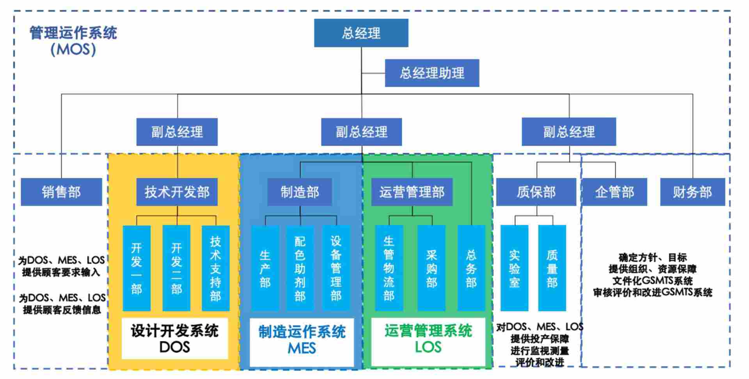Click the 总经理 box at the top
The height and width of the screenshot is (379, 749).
coord(361,33)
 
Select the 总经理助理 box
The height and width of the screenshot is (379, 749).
coord(432,73)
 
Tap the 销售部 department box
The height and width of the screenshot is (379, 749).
coord(61,192)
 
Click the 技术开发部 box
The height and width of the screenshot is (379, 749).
coord(177,192)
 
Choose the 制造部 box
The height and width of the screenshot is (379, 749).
coord(300,192)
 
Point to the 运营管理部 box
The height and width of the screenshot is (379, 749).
coord(412,192)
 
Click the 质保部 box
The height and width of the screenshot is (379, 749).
coord(536,192)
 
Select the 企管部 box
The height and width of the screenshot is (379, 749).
coord(614,192)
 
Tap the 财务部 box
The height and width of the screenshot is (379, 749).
coord(692,192)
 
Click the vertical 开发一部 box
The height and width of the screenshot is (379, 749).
coord(137,268)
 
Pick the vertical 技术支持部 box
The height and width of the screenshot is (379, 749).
coord(215,268)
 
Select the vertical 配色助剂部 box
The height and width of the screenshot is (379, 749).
coord(300,268)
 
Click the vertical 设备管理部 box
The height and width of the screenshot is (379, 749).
coord(336,268)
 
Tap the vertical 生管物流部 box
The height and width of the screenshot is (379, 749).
coord(389,268)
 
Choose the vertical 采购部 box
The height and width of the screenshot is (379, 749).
coord(431,268)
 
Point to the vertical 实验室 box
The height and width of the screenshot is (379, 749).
coord(515,268)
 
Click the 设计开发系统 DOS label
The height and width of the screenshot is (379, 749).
coord(174,338)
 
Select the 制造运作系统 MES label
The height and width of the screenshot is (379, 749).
coord(302,339)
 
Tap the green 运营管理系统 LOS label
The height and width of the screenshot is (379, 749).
coord(428,338)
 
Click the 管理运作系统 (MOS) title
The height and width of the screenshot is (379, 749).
coord(73,41)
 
